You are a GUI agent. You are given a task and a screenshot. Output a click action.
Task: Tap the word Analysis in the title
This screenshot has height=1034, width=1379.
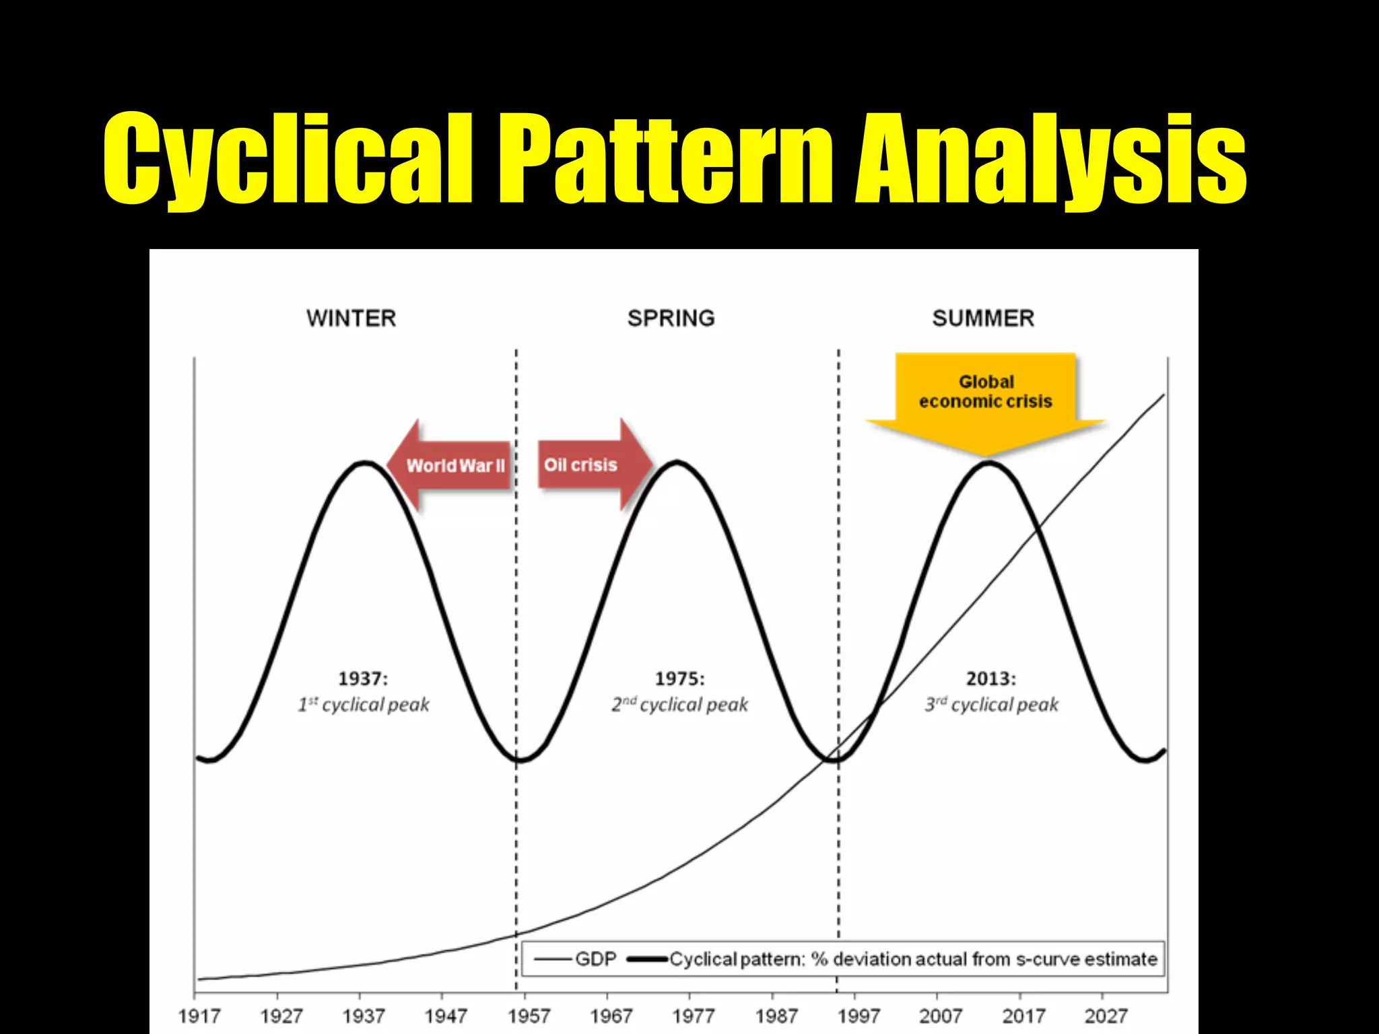(x=1051, y=158)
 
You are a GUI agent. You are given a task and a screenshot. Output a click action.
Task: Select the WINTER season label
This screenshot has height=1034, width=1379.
(x=351, y=318)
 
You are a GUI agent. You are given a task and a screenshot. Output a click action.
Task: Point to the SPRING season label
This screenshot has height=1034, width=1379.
(x=671, y=318)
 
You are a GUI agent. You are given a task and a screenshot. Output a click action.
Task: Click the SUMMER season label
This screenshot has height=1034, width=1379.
(x=983, y=318)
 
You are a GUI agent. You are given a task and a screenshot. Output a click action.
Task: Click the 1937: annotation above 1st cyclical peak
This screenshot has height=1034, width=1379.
(x=363, y=679)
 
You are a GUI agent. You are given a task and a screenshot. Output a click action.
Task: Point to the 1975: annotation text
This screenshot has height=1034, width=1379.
(x=680, y=679)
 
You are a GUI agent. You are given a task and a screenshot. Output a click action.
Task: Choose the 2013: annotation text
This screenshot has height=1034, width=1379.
(x=991, y=679)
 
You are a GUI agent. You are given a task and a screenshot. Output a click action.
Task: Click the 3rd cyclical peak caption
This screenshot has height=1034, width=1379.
(x=991, y=705)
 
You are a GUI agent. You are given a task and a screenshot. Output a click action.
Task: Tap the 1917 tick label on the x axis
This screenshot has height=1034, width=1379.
(x=199, y=1016)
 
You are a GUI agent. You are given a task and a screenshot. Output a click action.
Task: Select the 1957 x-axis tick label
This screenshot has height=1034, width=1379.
(x=529, y=1016)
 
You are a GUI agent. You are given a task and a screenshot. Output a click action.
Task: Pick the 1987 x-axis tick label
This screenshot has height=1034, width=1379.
(x=776, y=1016)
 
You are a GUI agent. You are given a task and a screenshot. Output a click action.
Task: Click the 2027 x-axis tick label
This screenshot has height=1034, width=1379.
(x=1106, y=1016)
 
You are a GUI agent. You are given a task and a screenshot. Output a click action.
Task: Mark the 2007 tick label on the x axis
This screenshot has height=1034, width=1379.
(x=941, y=1016)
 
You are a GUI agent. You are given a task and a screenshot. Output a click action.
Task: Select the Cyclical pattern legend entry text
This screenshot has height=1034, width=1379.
(x=912, y=959)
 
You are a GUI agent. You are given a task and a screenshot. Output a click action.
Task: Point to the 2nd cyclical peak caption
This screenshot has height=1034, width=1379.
(x=680, y=705)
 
